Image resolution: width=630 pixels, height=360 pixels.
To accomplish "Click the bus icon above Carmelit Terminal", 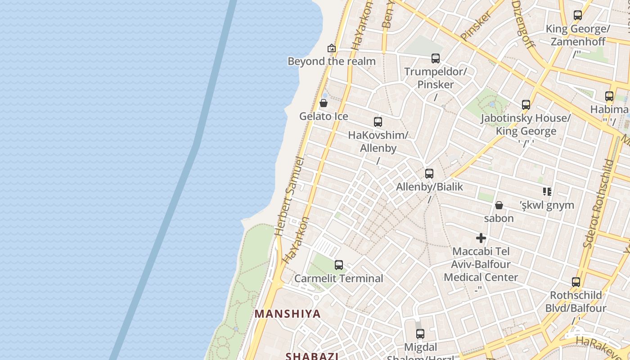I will (339, 265).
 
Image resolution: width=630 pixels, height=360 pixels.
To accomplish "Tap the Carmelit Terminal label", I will (339, 279).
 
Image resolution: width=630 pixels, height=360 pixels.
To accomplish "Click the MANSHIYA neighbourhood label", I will (288, 314).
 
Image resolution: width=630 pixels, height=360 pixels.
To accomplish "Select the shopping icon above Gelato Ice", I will (324, 103).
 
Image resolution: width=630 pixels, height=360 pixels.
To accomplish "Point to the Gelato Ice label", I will (324, 117).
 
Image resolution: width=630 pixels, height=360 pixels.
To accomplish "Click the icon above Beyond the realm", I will (332, 48).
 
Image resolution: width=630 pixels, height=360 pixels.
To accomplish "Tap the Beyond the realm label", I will (332, 61).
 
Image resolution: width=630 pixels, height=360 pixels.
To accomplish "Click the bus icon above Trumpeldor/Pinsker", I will (435, 58).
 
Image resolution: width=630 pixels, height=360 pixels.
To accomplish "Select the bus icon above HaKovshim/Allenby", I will (378, 121).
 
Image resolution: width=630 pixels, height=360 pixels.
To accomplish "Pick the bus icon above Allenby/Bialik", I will (429, 173).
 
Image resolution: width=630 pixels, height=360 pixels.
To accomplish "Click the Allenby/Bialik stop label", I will (429, 187).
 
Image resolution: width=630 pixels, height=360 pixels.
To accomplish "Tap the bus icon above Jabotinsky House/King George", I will (526, 105).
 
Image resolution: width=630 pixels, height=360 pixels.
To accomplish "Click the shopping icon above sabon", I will (499, 205).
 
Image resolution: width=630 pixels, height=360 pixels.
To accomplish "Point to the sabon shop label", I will (499, 219).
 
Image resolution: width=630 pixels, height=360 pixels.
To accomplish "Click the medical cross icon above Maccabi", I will (481, 238).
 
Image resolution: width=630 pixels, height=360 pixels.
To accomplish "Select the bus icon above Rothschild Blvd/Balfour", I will (576, 282).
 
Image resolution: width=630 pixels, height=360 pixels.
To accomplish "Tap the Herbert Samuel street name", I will (289, 196).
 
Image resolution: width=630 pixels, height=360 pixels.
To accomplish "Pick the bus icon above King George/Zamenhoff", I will (578, 15).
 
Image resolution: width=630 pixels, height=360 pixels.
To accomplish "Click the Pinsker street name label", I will (476, 26).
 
